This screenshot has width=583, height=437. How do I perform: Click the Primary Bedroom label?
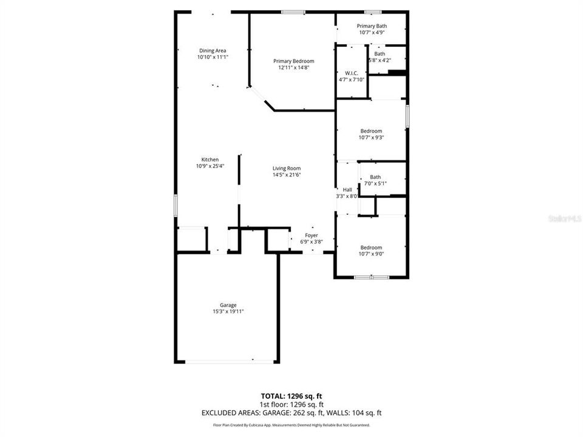(293, 61)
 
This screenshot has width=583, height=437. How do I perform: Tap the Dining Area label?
(213, 50)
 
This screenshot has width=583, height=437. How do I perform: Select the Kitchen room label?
(210, 160)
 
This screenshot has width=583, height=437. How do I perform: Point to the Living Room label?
(287, 169)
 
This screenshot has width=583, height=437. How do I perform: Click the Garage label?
(228, 305)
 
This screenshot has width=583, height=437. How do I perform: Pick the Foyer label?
(312, 235)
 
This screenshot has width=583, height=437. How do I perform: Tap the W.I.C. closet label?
(351, 73)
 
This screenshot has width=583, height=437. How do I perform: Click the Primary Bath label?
(372, 26)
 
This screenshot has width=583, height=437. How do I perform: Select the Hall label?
(347, 190)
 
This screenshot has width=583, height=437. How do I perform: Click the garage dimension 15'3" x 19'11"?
(228, 312)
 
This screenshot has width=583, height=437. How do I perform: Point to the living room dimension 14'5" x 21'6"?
(287, 175)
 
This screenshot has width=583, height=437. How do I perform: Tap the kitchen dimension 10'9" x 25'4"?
(210, 166)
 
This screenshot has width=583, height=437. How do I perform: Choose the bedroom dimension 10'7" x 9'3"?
(371, 138)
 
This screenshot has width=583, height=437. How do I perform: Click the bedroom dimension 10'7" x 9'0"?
(371, 254)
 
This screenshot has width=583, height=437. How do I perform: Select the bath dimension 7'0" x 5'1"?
(375, 183)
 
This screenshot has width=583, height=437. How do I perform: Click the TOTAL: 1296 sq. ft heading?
(291, 396)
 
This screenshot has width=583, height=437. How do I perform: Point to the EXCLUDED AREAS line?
(291, 413)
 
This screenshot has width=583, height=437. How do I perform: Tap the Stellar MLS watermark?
(564, 217)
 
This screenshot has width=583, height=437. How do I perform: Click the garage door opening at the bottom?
(228, 362)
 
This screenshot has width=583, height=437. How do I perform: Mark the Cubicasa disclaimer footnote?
(291, 425)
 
